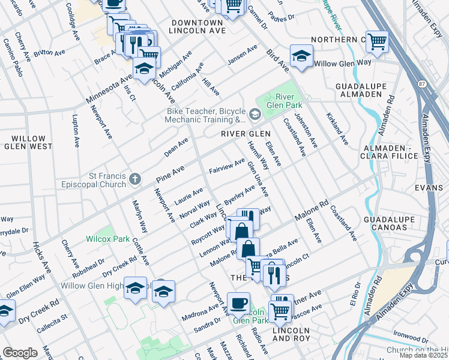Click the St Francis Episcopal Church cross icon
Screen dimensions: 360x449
[x=135, y=178]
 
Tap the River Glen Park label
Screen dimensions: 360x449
[x=289, y=103]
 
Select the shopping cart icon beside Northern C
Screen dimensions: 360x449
[x=377, y=41]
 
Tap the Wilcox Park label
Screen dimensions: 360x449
[x=108, y=239]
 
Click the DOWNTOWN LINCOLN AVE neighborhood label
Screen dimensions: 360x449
[x=197, y=26]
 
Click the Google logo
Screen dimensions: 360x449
[x=20, y=352]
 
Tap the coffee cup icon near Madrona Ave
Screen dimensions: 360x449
[x=238, y=303]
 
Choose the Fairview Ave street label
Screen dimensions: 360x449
[x=226, y=166]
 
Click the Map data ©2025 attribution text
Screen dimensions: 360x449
[x=423, y=355]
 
